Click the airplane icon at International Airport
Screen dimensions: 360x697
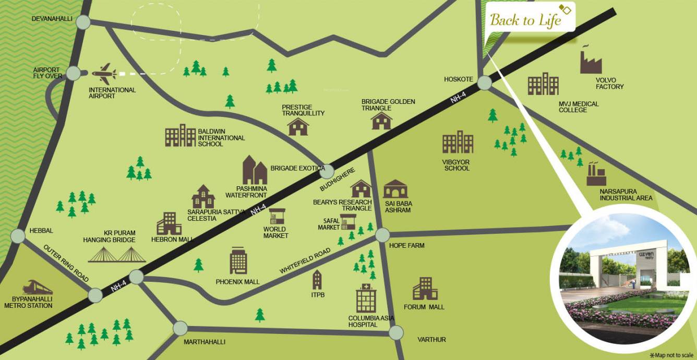tap(104, 74)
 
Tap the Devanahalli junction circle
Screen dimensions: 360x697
tap(83, 22)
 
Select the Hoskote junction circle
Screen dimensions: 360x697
tap(484, 82)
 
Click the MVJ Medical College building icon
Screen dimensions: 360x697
tap(543, 84)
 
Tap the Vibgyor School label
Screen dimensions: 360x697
tap(456, 165)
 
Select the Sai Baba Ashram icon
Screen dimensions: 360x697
tap(395, 189)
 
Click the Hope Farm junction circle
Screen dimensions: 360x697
tap(382, 235)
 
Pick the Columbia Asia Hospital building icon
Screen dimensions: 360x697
tap(366, 298)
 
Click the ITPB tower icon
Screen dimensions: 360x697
tap(317, 280)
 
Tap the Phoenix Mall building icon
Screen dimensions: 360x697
tap(238, 261)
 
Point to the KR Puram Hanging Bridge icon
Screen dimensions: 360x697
tap(116, 254)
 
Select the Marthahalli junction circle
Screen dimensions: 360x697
tap(180, 328)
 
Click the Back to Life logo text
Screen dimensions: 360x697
tap(525, 20)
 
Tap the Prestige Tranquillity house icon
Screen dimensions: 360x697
tap(298, 127)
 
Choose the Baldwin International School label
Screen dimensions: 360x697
tap(221, 138)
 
